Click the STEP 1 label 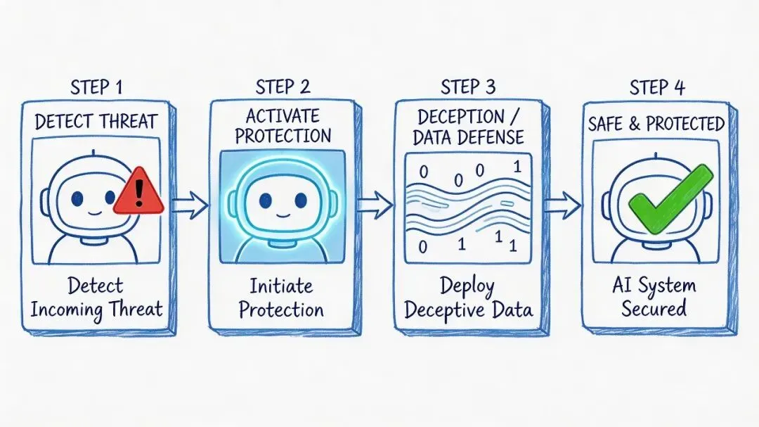98,88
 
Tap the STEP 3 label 467,88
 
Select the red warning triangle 138,192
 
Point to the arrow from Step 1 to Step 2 189,205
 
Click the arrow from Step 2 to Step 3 375,205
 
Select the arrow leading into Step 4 562,205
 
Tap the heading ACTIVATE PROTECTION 282,125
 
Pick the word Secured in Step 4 654,308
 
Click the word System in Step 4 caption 668,286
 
